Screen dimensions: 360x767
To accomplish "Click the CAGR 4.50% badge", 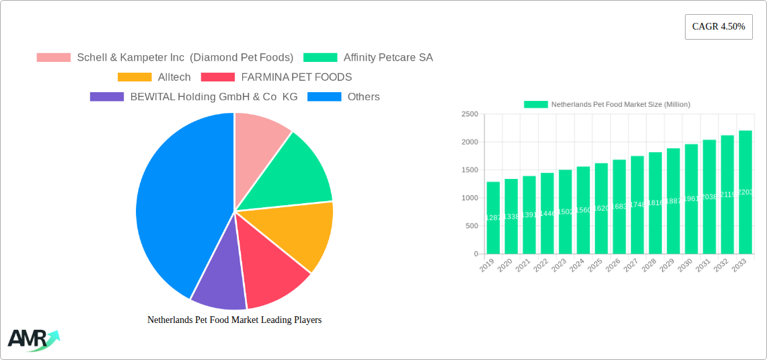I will point(718,27).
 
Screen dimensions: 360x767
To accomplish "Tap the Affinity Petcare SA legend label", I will point(388,58).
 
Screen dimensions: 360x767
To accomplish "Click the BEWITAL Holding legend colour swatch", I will point(107,97).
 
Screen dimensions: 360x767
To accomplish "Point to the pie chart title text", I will point(234,320).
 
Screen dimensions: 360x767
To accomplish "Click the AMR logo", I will point(33,339).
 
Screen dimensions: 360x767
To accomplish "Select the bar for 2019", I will point(493,218).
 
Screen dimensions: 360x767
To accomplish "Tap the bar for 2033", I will point(745,192).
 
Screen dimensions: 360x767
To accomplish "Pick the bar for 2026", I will point(619,207).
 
